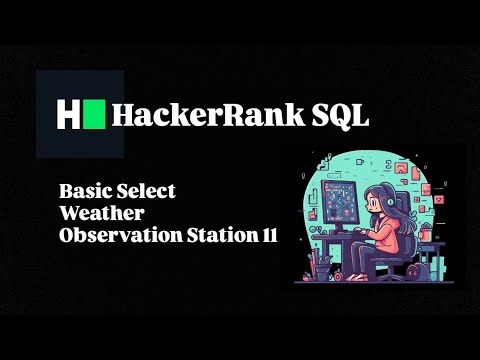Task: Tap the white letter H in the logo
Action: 67,115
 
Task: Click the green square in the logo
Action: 94,115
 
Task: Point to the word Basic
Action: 86,188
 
